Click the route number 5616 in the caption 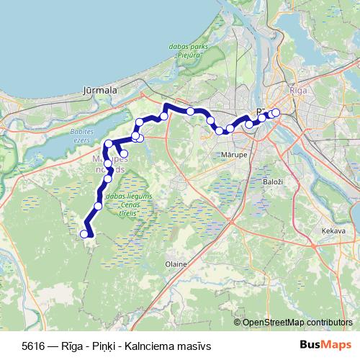pos(33,345)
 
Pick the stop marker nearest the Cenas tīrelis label pos(98,206)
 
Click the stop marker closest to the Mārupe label pos(230,129)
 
